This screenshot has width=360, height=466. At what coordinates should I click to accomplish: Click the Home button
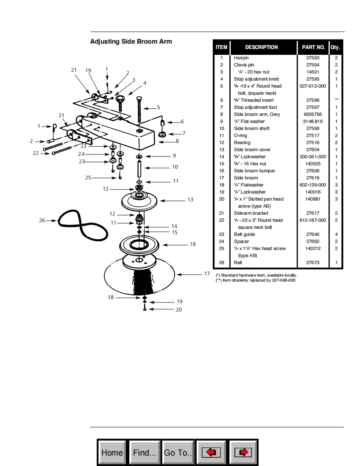point(112,452)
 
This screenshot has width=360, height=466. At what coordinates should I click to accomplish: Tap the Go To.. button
point(178,452)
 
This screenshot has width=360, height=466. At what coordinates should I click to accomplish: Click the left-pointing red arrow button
point(211,452)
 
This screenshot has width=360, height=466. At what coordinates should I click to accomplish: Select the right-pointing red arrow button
point(244,452)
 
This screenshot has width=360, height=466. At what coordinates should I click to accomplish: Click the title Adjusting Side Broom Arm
point(131,42)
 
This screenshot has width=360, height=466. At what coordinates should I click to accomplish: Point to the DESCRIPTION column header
point(261,47)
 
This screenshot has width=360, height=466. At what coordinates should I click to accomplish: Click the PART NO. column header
point(313,47)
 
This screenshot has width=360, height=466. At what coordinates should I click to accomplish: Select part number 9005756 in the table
point(313,114)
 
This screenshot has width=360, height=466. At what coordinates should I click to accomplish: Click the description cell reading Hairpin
point(241,58)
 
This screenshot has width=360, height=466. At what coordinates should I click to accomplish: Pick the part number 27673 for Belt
point(313,262)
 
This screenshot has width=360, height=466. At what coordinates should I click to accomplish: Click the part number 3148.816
point(313,121)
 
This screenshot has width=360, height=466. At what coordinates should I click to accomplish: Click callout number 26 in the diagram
point(42,220)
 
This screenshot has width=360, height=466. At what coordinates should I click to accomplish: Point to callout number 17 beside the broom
point(207,274)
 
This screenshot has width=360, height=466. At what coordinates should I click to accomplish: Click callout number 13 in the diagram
point(190,200)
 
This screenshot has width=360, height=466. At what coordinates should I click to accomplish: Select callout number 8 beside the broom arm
point(177,141)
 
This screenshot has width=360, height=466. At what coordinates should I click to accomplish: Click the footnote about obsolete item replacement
point(256,280)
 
